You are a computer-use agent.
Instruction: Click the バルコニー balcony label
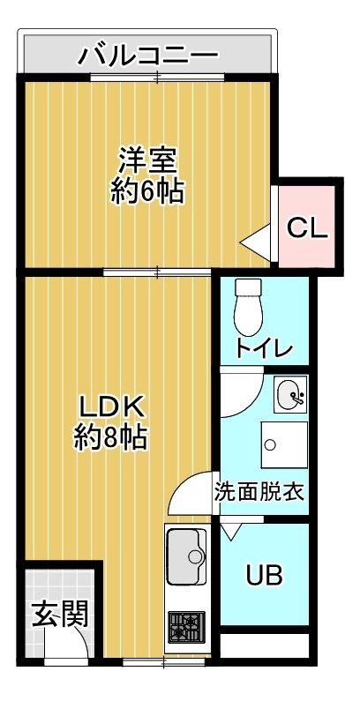[147, 57]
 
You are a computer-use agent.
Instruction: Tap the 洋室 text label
[147, 161]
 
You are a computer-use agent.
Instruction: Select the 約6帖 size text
[147, 191]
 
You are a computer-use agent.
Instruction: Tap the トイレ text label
[264, 348]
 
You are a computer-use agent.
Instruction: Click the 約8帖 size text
[110, 436]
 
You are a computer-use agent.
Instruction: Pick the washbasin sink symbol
[290, 395]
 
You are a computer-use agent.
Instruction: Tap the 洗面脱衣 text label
[259, 492]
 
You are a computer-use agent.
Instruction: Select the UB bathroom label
[264, 577]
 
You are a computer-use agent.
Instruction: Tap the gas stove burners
[186, 628]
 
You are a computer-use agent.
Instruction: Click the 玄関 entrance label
[60, 615]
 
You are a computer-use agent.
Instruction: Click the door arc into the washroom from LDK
[187, 494]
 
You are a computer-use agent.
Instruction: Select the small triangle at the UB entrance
[230, 531]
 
